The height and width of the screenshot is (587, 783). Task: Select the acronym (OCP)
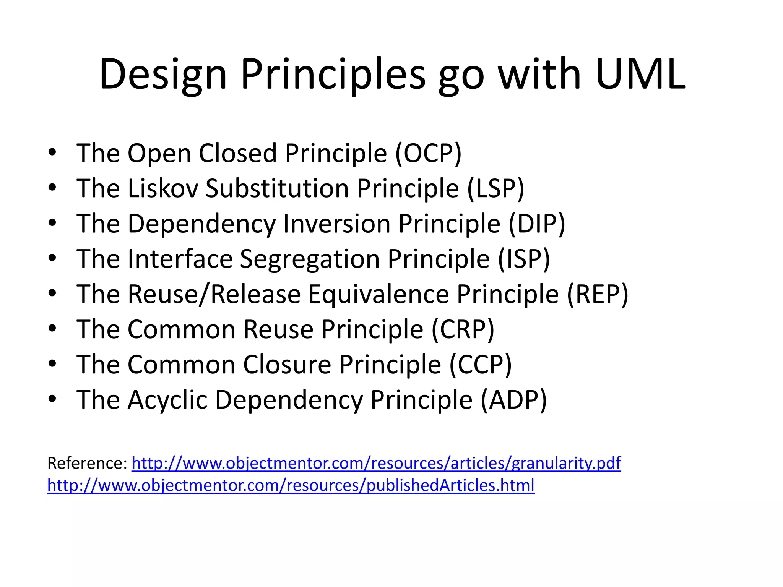click(428, 154)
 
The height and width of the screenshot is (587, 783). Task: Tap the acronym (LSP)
click(495, 189)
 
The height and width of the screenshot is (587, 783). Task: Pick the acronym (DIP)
click(537, 224)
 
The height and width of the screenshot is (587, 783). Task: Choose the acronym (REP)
click(598, 294)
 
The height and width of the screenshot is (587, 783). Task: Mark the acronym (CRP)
click(463, 329)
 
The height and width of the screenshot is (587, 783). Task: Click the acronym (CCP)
click(480, 365)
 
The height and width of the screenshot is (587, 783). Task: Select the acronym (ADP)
click(513, 400)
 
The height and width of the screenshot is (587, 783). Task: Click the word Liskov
click(163, 189)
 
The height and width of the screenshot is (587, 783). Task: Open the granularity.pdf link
click(376, 463)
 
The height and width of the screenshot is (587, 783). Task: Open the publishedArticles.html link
click(291, 485)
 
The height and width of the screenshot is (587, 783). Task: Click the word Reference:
click(87, 463)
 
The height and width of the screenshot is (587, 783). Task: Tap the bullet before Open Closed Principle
click(52, 153)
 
